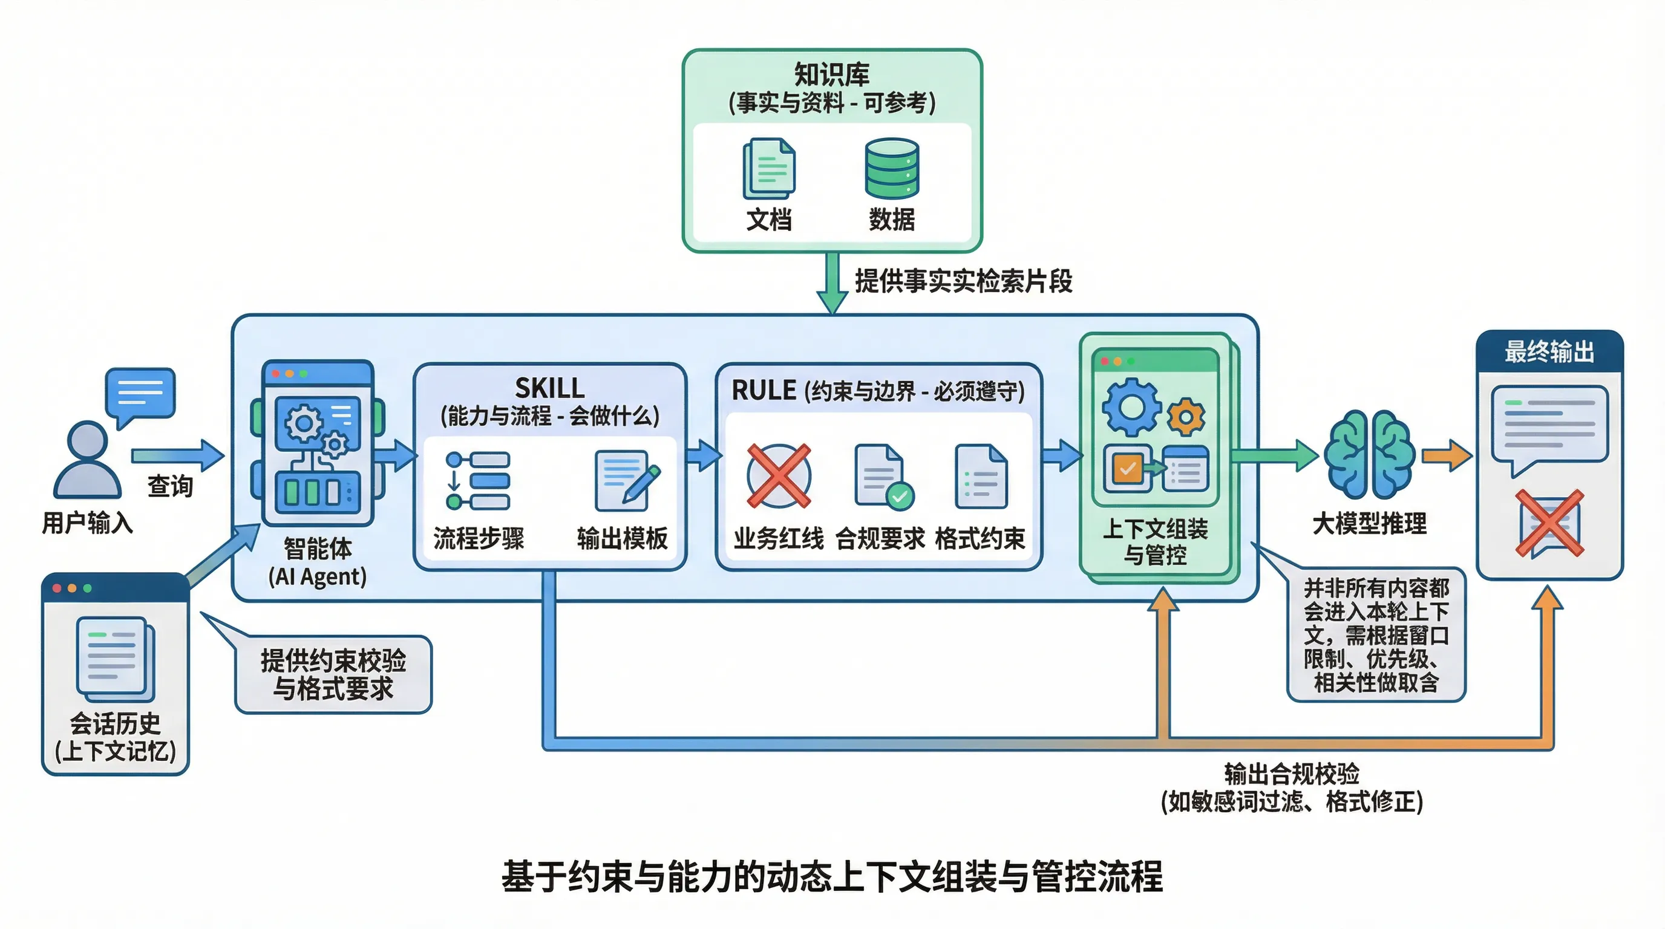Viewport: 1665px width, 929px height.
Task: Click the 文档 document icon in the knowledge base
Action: [x=768, y=169]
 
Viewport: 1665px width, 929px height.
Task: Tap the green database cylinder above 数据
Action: [x=892, y=168]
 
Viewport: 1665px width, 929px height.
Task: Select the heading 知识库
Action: [x=832, y=74]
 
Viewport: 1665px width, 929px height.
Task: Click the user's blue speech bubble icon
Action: [x=140, y=394]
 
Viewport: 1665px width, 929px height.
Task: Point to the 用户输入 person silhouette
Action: [x=87, y=460]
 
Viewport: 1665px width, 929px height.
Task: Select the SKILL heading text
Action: [x=549, y=388]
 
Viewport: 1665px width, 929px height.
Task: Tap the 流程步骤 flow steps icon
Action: [x=477, y=481]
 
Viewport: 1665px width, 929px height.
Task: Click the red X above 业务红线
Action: [x=779, y=475]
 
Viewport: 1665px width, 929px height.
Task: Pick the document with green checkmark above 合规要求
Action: [x=883, y=476]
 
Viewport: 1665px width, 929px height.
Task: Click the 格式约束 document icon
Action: [x=981, y=476]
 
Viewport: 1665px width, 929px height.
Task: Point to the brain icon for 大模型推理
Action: [x=1369, y=454]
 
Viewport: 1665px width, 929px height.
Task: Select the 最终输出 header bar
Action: [x=1549, y=352]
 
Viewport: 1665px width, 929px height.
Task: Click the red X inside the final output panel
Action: [x=1549, y=523]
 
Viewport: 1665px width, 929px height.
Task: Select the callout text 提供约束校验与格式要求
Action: [x=333, y=674]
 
